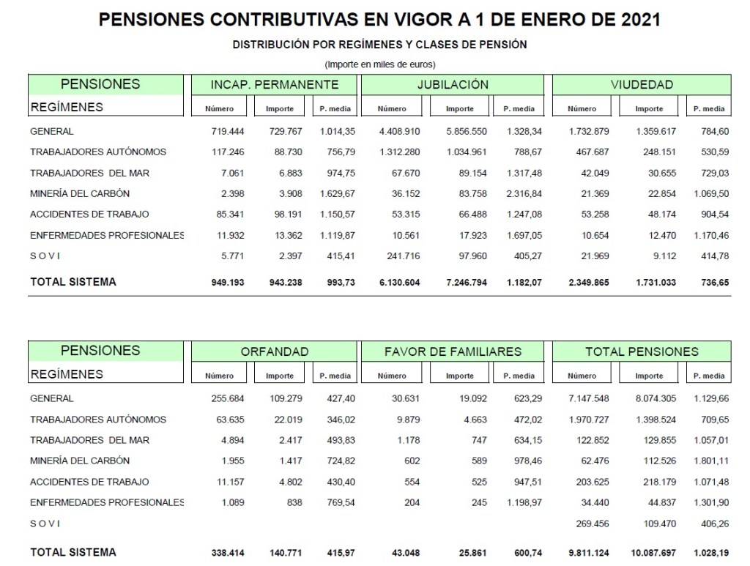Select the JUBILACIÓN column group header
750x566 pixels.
[453, 84]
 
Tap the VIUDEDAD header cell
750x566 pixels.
[642, 84]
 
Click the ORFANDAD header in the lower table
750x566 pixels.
[275, 352]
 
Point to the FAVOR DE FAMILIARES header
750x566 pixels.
[453, 352]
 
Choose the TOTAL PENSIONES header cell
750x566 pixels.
[642, 352]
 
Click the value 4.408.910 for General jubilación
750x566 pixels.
[398, 132]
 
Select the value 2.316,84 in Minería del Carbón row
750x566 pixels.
[522, 193]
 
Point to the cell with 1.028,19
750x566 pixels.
[708, 552]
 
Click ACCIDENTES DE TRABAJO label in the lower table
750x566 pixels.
[89, 482]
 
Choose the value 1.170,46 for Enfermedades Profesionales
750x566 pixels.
[708, 235]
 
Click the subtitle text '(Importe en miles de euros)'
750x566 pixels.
[379, 64]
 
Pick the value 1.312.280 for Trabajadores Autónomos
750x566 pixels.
[398, 152]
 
